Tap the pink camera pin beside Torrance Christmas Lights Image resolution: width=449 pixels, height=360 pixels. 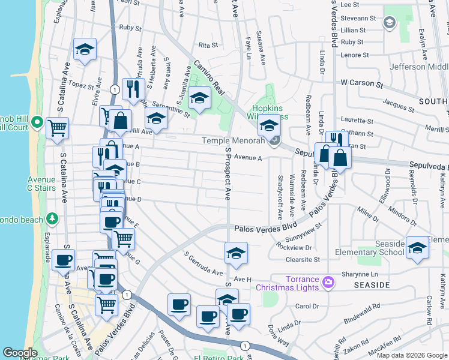point(328,281)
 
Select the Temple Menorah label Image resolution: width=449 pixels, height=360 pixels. point(232,140)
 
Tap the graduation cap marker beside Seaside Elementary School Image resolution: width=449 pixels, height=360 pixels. point(417,248)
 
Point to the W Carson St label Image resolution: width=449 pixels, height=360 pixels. point(361,84)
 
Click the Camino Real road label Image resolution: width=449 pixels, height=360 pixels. point(209,77)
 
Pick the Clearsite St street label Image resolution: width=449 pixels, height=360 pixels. point(303,260)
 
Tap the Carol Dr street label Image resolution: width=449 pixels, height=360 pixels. point(307,306)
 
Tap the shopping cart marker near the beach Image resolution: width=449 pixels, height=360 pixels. point(57,128)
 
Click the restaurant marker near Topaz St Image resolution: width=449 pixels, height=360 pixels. point(131,89)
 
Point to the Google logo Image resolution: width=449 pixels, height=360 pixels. point(20,353)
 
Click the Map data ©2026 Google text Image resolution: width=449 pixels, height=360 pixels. point(411,355)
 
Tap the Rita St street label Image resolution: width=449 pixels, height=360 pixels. point(207,45)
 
